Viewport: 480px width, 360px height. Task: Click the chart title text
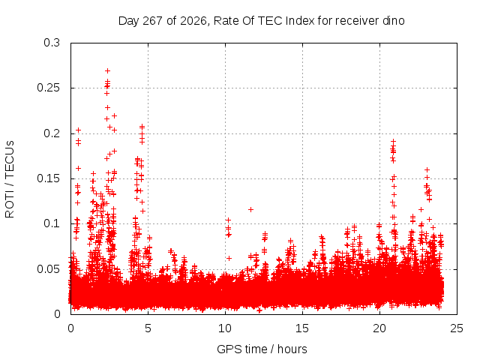pyautogui.click(x=262, y=21)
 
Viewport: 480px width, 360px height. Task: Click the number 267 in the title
pyautogui.click(x=153, y=21)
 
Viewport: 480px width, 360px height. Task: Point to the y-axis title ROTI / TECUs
pyautogui.click(x=10, y=179)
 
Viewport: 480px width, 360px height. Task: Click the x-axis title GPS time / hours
pyautogui.click(x=262, y=349)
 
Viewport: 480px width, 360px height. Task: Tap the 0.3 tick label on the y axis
pyautogui.click(x=52, y=43)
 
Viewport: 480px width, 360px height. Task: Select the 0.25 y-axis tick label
pyautogui.click(x=48, y=88)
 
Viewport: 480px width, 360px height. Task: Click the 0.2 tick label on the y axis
pyautogui.click(x=52, y=133)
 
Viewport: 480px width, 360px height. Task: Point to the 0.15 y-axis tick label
pyautogui.click(x=48, y=178)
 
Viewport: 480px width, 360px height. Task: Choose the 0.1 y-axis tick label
pyautogui.click(x=52, y=223)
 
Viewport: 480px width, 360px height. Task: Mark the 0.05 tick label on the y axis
pyautogui.click(x=48, y=269)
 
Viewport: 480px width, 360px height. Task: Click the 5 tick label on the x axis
pyautogui.click(x=148, y=328)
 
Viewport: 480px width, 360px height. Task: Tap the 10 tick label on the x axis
pyautogui.click(x=225, y=328)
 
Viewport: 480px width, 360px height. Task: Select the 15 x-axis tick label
pyautogui.click(x=302, y=328)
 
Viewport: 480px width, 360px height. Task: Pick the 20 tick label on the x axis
pyautogui.click(x=379, y=328)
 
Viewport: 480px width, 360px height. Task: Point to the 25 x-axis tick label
pyautogui.click(x=457, y=328)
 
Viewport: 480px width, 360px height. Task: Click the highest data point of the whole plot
pyautogui.click(x=107, y=71)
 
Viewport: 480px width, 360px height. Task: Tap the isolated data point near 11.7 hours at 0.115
pyautogui.click(x=250, y=210)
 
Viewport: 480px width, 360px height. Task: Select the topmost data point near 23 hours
pyautogui.click(x=427, y=170)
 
